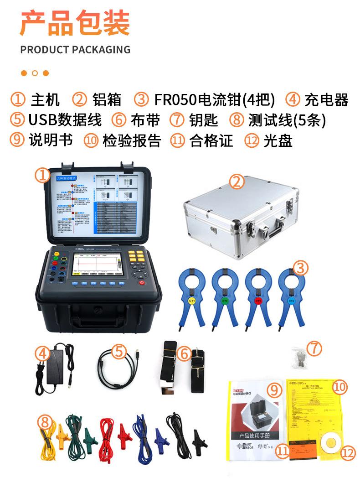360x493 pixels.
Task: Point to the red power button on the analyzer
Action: pyautogui.click(x=142, y=283)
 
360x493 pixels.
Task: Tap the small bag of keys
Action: pyautogui.click(x=299, y=358)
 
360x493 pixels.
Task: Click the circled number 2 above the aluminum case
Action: pyautogui.click(x=237, y=182)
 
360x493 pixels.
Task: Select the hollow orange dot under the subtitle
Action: pyautogui.click(x=35, y=73)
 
